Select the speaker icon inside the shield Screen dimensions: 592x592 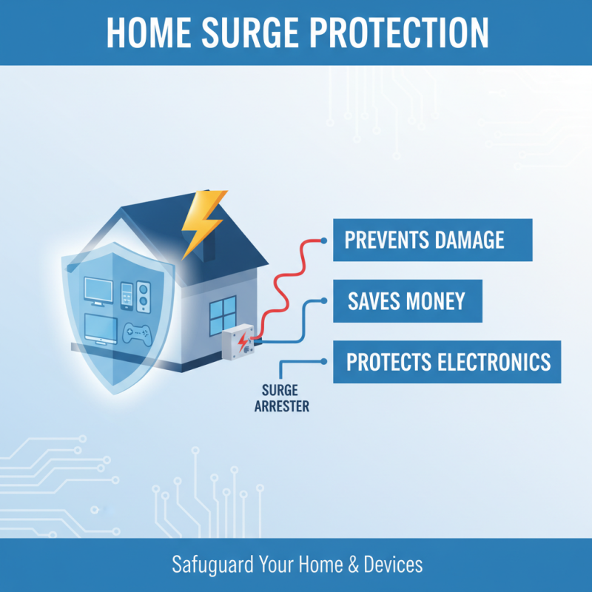(144, 293)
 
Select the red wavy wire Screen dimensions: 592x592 (281, 281)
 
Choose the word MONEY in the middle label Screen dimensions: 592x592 (438, 300)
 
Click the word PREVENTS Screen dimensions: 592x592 (385, 240)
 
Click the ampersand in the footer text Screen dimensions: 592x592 (352, 565)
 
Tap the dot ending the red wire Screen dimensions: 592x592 (323, 240)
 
